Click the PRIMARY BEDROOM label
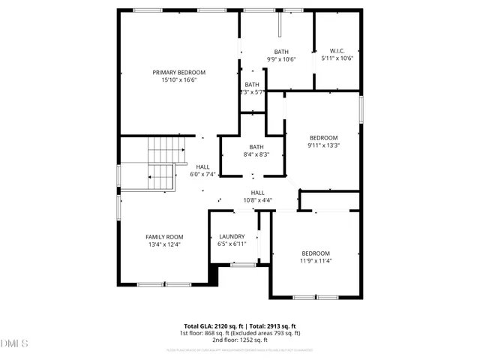[x=179, y=73]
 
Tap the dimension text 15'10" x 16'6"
[x=179, y=80]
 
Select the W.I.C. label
[x=337, y=51]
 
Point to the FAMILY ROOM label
[x=164, y=236]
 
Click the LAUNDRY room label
[x=232, y=236]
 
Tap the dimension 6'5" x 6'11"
[x=232, y=244]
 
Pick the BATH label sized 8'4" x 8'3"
[x=256, y=147]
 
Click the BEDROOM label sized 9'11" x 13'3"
[x=324, y=137]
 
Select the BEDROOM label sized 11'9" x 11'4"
[x=316, y=253]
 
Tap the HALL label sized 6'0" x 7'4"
[x=202, y=166]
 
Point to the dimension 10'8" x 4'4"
[x=258, y=200]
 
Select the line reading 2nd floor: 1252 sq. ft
[x=240, y=340]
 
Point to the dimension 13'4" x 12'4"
[x=164, y=244]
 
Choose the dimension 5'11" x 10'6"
[x=337, y=58]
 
